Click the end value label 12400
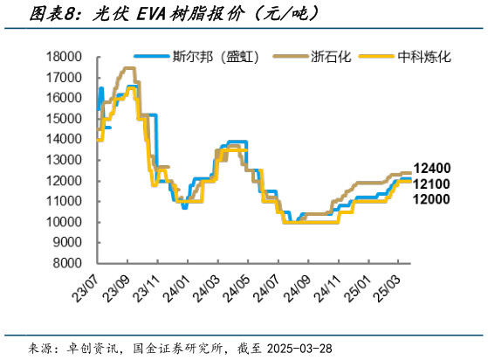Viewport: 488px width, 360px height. click(432, 168)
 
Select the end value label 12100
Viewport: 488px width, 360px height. click(432, 183)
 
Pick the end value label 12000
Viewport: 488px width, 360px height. click(432, 199)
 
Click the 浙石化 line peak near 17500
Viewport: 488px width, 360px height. click(128, 68)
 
